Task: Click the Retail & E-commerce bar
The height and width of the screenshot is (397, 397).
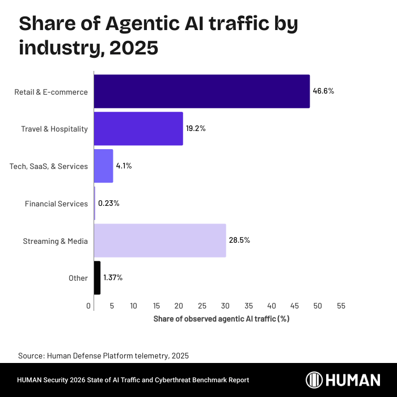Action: point(201,91)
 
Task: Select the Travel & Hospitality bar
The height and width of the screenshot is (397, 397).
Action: point(138,129)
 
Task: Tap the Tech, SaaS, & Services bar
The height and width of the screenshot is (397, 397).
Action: point(103,166)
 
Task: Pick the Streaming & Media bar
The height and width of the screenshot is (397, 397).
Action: point(159,240)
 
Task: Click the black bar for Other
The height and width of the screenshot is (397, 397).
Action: point(97,278)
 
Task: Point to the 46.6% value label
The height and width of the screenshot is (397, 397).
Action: point(323,91)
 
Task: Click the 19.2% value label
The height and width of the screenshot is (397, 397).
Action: point(196,129)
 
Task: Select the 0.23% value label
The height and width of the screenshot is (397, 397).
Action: point(109,203)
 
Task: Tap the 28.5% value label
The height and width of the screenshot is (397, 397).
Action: point(239,240)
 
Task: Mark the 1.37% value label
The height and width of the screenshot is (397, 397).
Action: point(113,278)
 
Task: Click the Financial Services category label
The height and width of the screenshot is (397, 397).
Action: point(56,204)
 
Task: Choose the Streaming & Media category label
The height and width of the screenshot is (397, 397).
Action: point(55,241)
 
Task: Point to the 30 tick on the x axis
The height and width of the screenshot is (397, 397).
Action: point(226,306)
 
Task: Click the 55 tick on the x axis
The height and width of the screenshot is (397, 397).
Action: point(341,306)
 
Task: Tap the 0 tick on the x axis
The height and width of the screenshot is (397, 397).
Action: point(89,306)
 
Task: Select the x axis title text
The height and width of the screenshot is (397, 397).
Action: point(221,319)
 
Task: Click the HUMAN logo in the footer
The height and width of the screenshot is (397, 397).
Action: point(343,380)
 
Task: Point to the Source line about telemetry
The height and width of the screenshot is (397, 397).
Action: point(103,356)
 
